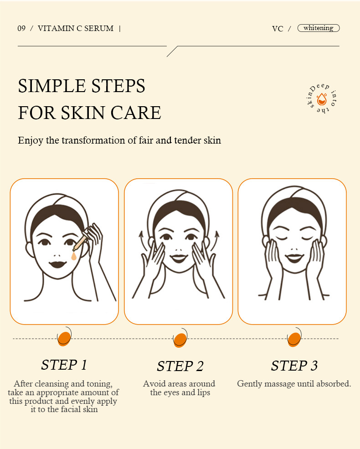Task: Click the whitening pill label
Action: coord(319,28)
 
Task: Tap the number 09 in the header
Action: coord(21,28)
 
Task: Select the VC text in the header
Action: coord(278,29)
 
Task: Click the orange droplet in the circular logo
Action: coord(322,99)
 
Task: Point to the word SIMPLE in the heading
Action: coord(52,86)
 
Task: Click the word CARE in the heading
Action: coord(136,113)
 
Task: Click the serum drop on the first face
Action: coord(74,256)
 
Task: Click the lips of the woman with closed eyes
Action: coord(294,258)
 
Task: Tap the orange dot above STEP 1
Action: coord(64,339)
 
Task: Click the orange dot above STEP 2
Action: coord(180,340)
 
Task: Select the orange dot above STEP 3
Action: coord(294,339)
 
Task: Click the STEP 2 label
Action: coord(180,366)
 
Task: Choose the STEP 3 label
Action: coord(294,366)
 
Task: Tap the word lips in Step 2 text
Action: coord(203,392)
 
